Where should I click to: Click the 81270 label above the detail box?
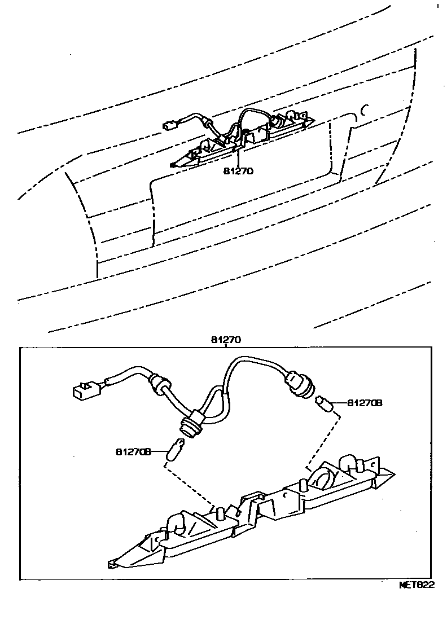coord(226,341)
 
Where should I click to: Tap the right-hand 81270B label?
coord(365,403)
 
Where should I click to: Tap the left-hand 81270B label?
coord(134,452)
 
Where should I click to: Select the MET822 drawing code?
coord(417,585)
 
